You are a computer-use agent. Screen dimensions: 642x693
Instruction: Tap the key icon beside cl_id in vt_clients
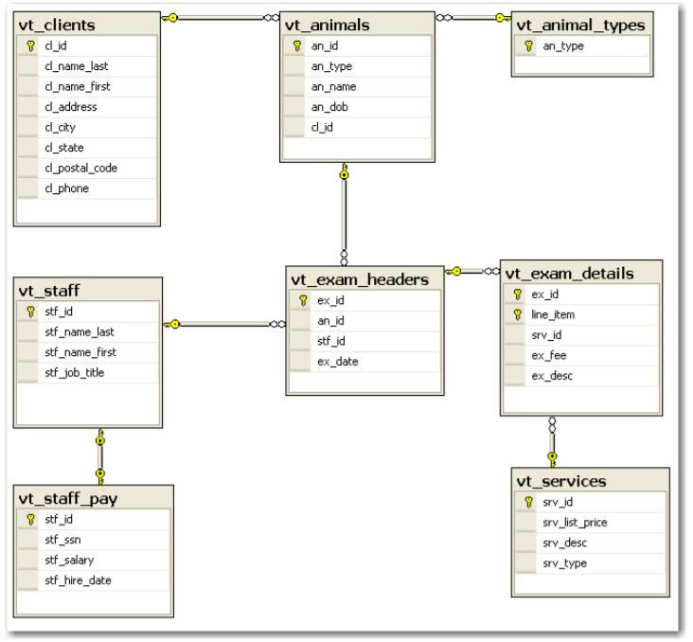29,44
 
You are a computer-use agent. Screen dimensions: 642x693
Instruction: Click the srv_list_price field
568,522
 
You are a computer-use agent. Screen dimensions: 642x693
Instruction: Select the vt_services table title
560,482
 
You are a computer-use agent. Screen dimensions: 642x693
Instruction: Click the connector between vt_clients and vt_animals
217,18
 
